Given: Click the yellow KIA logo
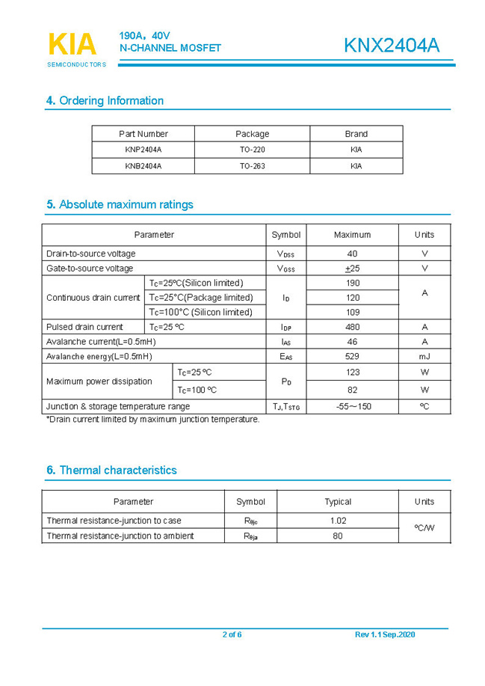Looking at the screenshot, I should (72, 45).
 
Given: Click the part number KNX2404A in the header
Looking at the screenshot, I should (391, 46).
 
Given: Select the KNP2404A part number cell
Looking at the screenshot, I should (143, 150).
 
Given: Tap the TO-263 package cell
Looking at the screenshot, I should (252, 166).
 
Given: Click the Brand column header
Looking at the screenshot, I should (356, 134).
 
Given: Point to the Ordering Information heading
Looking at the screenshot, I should (105, 101).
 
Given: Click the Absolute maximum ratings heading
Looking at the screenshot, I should (120, 204).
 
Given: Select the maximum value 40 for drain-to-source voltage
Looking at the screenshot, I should (353, 254).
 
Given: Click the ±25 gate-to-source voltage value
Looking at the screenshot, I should (353, 269).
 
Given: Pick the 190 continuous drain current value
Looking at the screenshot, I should (353, 283).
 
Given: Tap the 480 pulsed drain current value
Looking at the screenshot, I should (353, 327).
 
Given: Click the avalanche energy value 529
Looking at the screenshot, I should (353, 356).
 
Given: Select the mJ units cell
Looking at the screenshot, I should (424, 356).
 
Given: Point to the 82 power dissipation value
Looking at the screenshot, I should (353, 390).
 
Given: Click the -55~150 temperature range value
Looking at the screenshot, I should (353, 406).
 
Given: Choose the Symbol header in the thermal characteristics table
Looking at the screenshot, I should (250, 501).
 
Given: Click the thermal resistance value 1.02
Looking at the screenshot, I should (338, 521).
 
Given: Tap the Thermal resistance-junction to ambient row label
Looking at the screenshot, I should (120, 536).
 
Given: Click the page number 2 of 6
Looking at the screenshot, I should (232, 635).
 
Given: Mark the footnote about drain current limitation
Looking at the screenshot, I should (153, 420).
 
